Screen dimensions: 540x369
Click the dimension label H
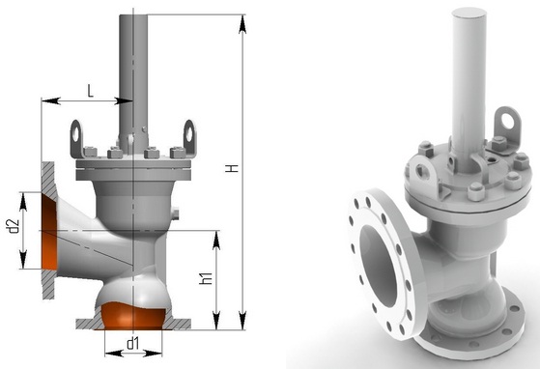click(233, 168)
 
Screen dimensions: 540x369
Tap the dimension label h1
click(206, 278)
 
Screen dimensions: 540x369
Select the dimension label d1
click(133, 343)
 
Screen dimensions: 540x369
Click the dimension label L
click(90, 91)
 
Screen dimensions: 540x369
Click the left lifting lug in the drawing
click(76, 139)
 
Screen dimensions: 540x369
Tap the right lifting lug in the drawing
click(189, 138)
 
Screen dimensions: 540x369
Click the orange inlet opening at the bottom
click(134, 315)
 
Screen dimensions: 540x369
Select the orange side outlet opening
click(49, 231)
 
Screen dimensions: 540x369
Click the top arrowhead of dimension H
click(242, 24)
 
